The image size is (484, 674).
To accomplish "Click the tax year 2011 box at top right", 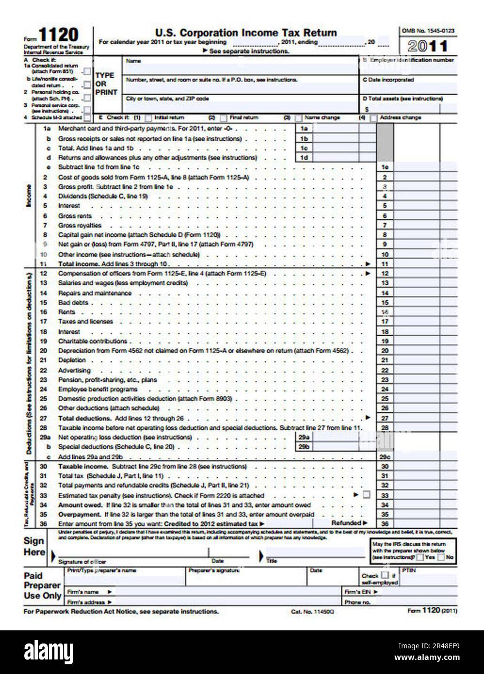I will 428,46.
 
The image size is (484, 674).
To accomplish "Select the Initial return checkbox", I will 149,118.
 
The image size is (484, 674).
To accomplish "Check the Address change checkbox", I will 374,118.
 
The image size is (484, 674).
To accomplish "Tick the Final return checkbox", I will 223,118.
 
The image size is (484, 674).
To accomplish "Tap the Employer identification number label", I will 412,60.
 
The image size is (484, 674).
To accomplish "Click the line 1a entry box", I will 344,128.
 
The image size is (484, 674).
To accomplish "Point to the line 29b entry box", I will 344,447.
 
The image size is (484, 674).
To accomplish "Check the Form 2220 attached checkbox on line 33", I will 366,495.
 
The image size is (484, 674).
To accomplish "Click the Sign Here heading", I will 34,546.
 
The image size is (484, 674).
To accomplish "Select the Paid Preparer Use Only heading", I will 43,586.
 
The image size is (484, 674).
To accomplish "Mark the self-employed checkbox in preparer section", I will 385,576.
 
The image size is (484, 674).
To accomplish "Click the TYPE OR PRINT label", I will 105,83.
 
